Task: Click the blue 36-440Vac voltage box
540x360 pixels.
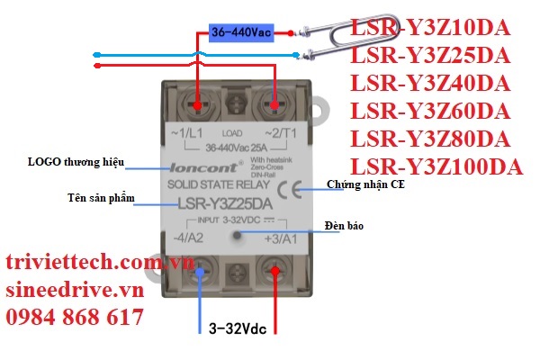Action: click(240, 32)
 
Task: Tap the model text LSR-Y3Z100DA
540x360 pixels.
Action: click(436, 167)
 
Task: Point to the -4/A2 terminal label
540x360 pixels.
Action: click(187, 238)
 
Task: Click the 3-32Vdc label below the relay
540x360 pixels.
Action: click(238, 328)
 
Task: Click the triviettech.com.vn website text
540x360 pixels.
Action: click(100, 262)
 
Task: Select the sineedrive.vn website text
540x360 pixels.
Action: click(74, 290)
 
